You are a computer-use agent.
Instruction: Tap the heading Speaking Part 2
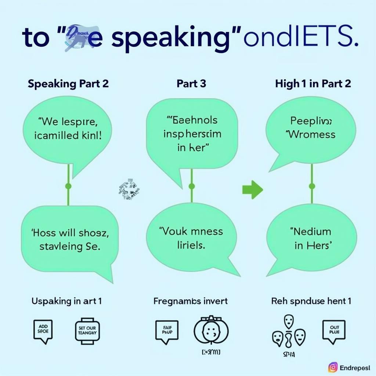click(68, 84)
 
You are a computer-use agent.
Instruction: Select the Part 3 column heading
click(191, 84)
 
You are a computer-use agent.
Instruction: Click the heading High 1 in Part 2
click(313, 84)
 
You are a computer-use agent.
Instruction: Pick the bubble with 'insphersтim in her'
click(192, 134)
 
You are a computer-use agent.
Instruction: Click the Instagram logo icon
click(333, 367)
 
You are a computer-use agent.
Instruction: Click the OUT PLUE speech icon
click(335, 331)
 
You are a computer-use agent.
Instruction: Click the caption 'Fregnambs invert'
click(190, 301)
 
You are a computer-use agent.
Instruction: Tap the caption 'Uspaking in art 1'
click(66, 301)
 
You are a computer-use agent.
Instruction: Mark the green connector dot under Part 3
click(191, 187)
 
